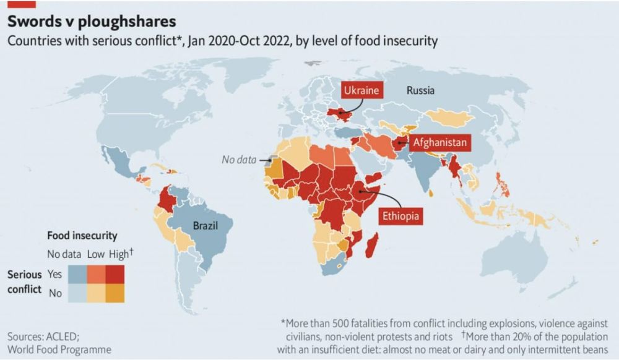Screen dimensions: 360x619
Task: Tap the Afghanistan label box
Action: pos(439,143)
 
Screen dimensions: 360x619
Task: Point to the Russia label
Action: pos(420,90)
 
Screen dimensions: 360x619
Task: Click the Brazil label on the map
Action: pos(206,225)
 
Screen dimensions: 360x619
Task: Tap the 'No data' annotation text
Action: pos(239,160)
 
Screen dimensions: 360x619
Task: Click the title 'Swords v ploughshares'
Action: pos(92,21)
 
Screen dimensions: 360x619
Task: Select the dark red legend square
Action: pos(115,274)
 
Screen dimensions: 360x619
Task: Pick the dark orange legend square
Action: pos(115,293)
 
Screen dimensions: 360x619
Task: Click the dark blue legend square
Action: pos(77,274)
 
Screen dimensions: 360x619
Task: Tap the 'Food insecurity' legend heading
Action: pos(82,236)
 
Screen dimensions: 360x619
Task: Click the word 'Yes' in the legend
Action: pos(54,274)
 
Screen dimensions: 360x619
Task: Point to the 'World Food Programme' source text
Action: pos(59,349)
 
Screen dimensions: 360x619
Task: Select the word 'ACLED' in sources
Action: pos(61,336)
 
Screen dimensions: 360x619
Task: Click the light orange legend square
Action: pos(96,293)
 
